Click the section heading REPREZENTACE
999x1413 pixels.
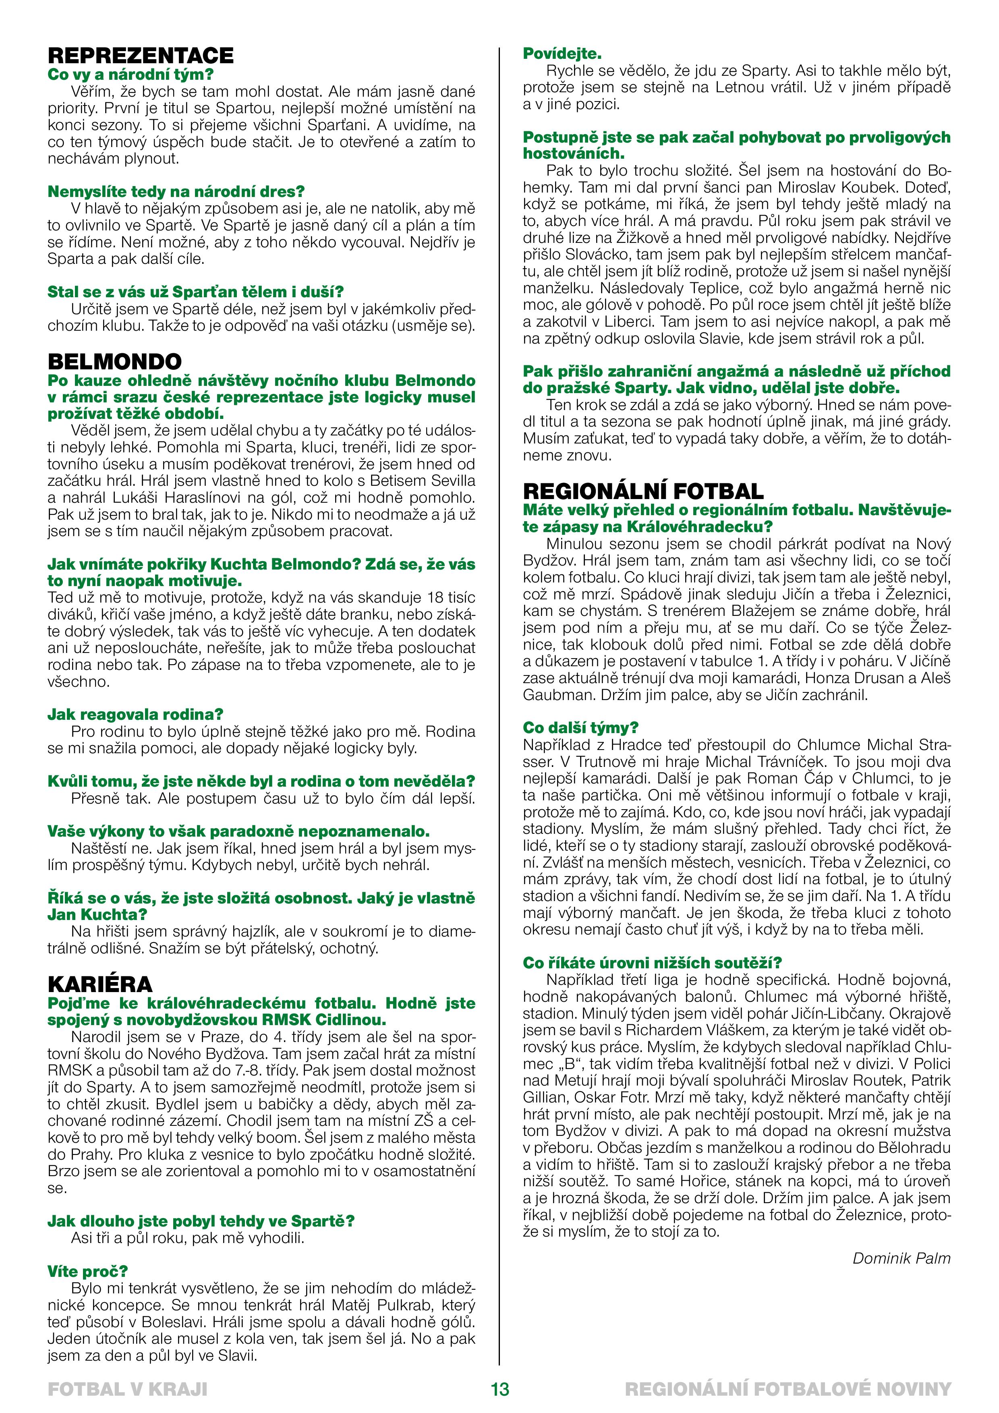140,56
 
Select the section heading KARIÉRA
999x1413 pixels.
100,984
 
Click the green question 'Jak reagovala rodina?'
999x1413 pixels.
135,715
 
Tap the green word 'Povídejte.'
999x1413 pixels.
562,54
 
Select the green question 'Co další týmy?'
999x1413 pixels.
580,728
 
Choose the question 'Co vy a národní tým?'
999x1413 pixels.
130,75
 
